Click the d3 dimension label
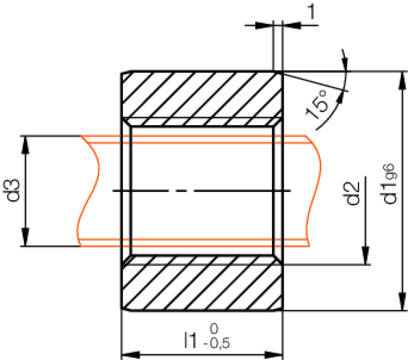12,189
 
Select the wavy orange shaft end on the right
316,189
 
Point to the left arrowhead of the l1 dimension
127,353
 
